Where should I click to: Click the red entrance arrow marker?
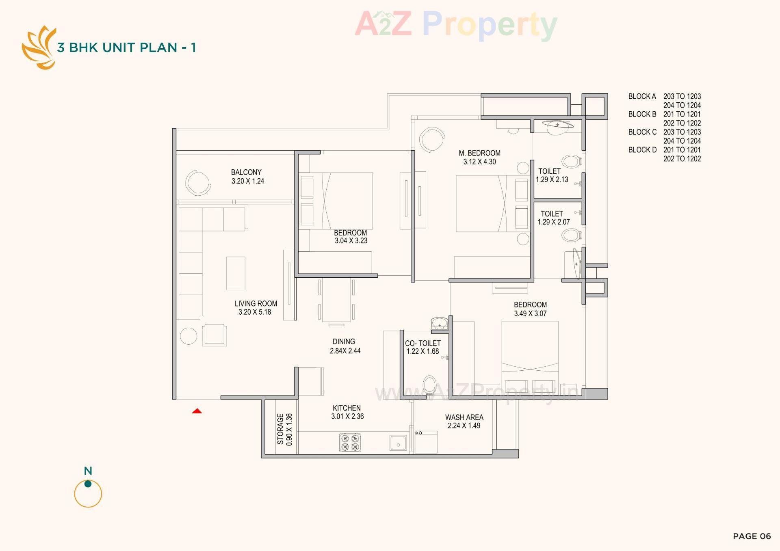pyautogui.click(x=197, y=411)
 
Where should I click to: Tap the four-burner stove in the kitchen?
pyautogui.click(x=350, y=443)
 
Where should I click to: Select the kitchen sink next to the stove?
pyautogui.click(x=398, y=443)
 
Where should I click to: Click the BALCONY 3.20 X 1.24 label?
pyautogui.click(x=247, y=177)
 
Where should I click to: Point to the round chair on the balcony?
pyautogui.click(x=198, y=182)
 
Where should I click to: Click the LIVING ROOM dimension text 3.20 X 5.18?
pyautogui.click(x=255, y=312)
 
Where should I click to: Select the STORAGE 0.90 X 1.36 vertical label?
pyautogui.click(x=284, y=429)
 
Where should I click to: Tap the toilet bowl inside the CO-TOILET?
pyautogui.click(x=429, y=385)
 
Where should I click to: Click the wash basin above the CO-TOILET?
pyautogui.click(x=439, y=324)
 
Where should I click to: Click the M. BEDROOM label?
pyautogui.click(x=479, y=153)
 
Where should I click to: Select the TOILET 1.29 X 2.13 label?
pyautogui.click(x=551, y=175)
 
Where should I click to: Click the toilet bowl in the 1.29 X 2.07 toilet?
pyautogui.click(x=571, y=235)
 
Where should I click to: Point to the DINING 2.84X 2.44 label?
pyautogui.click(x=344, y=346)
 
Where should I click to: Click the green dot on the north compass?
pyautogui.click(x=88, y=484)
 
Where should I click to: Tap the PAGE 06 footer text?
pyautogui.click(x=752, y=536)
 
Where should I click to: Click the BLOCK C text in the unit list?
pyautogui.click(x=642, y=132)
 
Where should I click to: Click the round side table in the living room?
pyautogui.click(x=188, y=336)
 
